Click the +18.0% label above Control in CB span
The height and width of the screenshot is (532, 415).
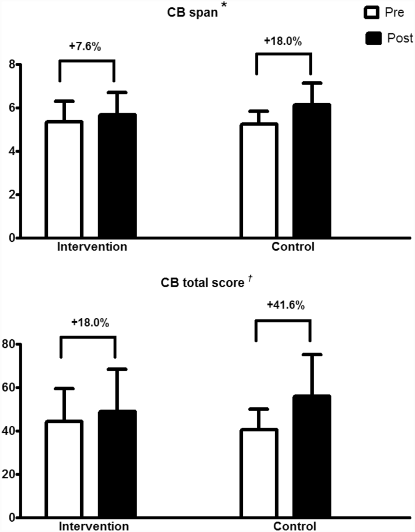pyautogui.click(x=283, y=41)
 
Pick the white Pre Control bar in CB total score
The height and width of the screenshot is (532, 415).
pyautogui.click(x=259, y=473)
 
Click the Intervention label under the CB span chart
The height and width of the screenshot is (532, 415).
pyautogui.click(x=93, y=247)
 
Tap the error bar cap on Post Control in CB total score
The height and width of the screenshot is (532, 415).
pyautogui.click(x=311, y=354)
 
